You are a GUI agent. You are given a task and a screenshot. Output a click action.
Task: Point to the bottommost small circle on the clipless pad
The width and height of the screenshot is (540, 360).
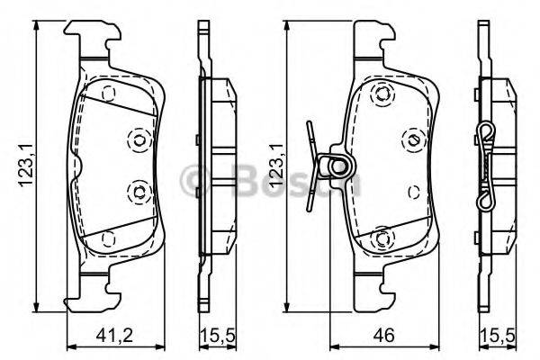pos(107,238)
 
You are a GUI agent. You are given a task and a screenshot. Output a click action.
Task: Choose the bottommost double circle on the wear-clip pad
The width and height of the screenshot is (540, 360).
pos(382,238)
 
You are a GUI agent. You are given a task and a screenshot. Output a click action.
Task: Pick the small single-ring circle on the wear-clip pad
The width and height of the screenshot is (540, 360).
pos(412,189)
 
